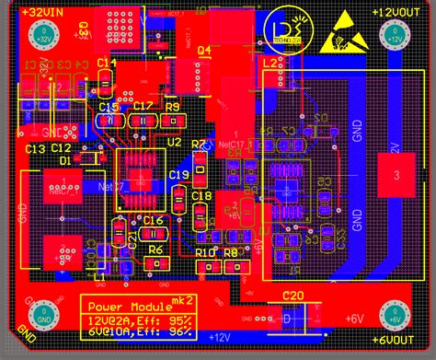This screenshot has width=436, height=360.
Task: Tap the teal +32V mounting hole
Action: pos(41,36)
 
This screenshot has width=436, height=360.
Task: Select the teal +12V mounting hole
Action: pos(394,37)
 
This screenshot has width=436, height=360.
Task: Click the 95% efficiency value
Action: pos(180,319)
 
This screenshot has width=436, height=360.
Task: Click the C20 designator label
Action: pos(293,296)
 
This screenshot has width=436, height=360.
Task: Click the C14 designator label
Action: pos(108,63)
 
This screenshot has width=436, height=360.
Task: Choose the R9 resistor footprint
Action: pos(171,121)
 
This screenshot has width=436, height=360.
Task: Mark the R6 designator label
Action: pos(156,249)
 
